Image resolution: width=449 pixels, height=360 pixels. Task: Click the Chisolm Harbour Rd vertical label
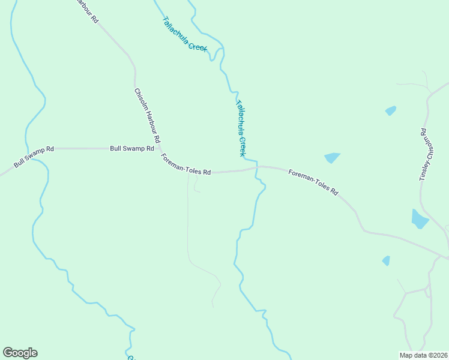point(147,116)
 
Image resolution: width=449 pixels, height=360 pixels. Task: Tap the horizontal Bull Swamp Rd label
point(132,148)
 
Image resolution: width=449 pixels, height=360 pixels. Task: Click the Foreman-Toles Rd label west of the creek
point(185,164)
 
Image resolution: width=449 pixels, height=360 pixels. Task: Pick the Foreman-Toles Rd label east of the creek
point(313,182)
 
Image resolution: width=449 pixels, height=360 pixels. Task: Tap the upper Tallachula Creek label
point(185,34)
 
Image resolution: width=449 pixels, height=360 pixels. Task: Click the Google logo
point(20,353)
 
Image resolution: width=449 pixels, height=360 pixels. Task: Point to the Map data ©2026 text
point(423,355)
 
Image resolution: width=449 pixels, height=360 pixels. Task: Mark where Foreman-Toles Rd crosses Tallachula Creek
point(256,168)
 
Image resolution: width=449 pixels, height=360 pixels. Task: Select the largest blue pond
point(419,219)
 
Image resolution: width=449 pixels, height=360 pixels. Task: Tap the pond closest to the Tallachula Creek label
point(332,158)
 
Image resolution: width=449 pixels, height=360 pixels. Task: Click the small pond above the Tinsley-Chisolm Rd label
point(391,110)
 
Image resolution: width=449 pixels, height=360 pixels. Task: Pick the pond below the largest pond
point(386,260)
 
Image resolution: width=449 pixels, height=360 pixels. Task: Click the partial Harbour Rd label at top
point(86,10)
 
